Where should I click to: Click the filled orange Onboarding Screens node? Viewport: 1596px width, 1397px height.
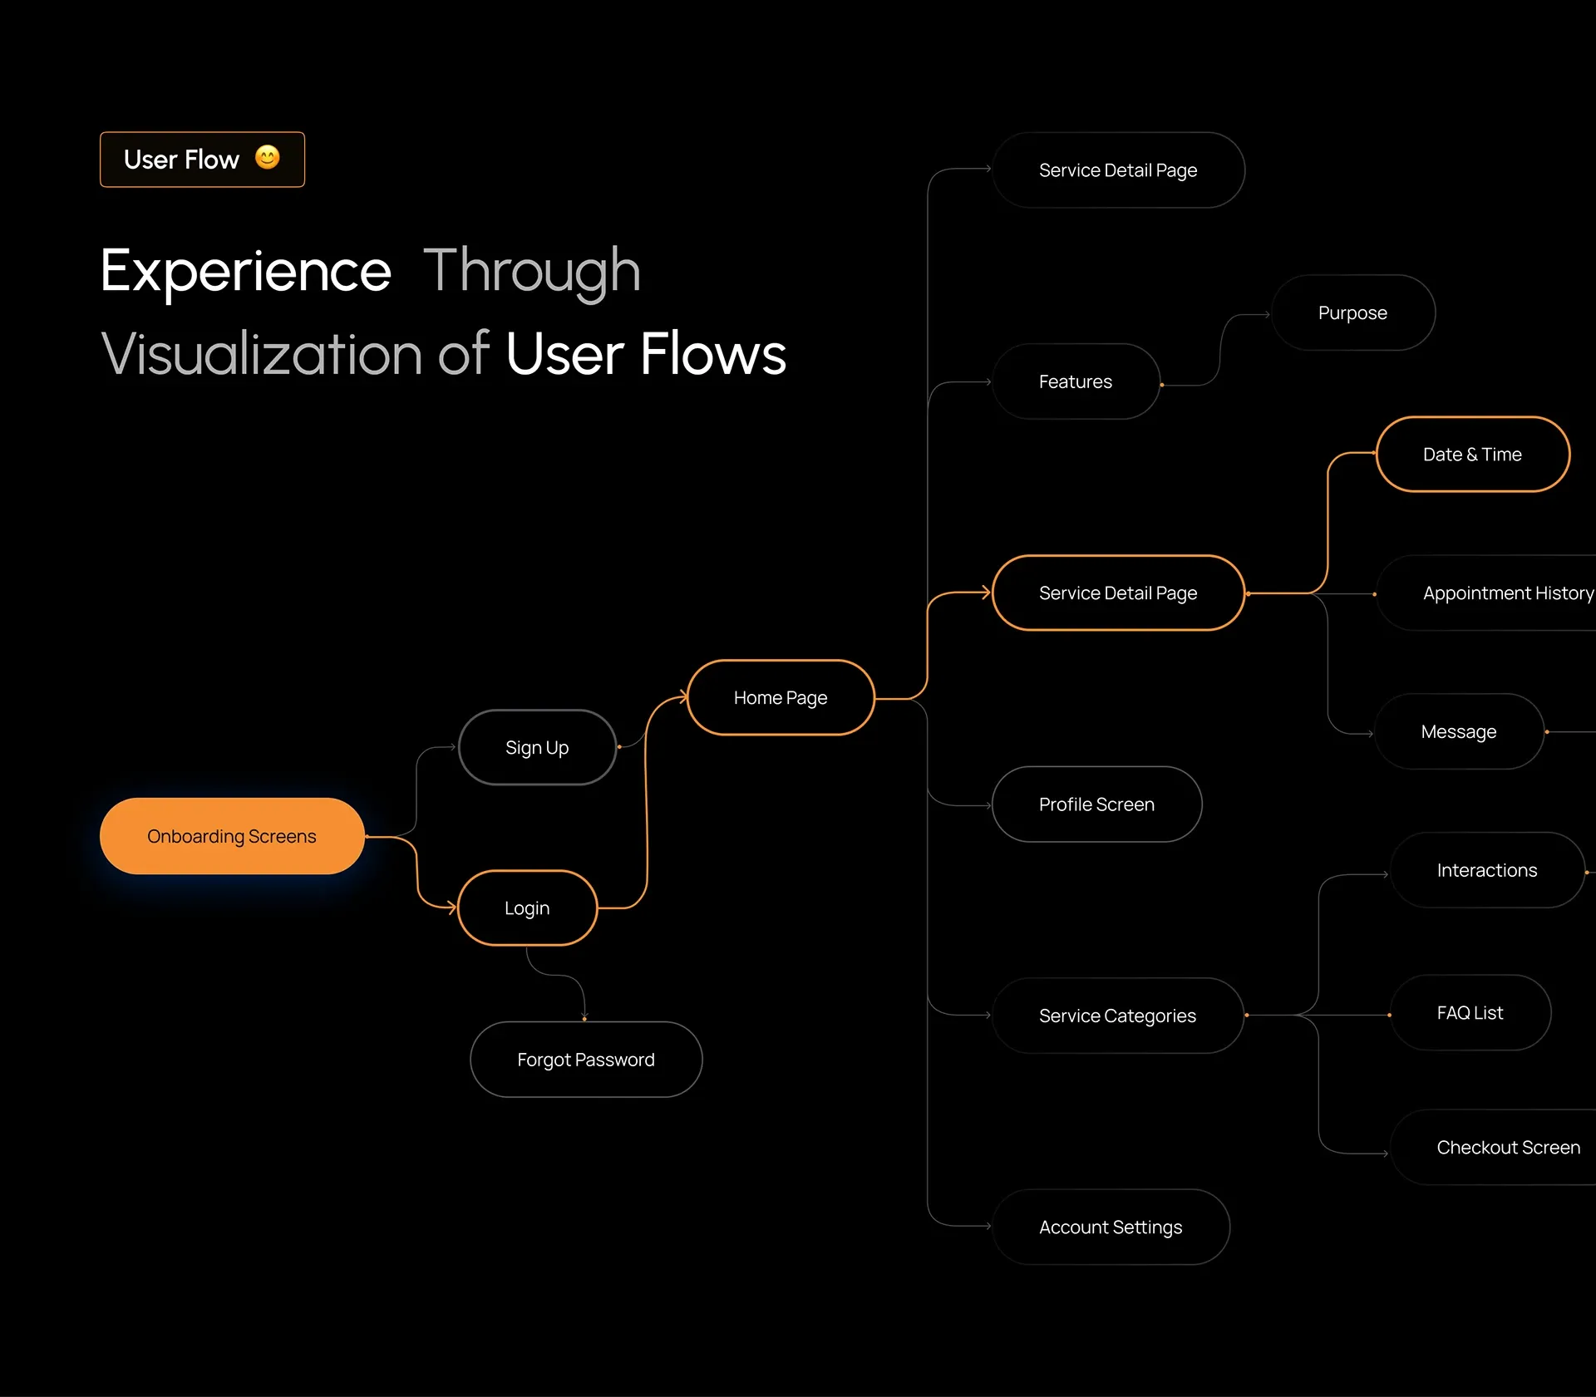point(232,836)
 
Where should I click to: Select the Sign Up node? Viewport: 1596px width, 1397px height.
point(537,748)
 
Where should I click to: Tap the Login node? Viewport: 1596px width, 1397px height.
point(527,908)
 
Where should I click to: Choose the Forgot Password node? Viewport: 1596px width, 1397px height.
point(586,1060)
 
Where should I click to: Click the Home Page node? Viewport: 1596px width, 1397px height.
point(781,698)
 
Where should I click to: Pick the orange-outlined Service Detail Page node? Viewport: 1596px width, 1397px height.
point(1118,593)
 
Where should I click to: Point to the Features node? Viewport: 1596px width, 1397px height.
point(1076,382)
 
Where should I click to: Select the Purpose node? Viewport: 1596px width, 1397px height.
point(1352,313)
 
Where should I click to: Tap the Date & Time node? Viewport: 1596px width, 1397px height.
point(1472,455)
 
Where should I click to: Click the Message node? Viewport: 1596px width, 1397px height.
point(1459,732)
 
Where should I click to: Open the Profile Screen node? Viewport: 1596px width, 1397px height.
point(1096,804)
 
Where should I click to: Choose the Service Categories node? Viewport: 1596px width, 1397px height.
point(1117,1016)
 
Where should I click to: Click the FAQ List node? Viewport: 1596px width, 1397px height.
point(1470,1013)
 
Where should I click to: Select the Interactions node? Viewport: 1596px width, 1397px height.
point(1487,870)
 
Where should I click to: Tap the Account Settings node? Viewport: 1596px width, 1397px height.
point(1111,1227)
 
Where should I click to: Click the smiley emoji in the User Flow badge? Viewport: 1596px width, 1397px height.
point(268,158)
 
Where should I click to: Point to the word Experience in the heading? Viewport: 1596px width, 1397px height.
point(246,271)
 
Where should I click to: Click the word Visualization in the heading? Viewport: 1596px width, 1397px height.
point(262,354)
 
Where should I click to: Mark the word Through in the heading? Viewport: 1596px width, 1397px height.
point(532,271)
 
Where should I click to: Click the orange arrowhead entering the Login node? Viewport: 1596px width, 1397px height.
point(452,908)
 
